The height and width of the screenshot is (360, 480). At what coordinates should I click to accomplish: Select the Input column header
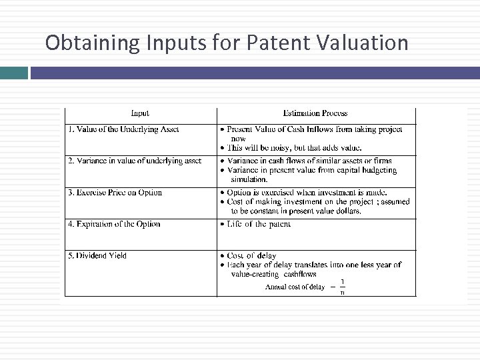point(140,113)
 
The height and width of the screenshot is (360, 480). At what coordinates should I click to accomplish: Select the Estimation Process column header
point(315,113)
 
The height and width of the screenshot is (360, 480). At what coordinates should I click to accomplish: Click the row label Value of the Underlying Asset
point(123,129)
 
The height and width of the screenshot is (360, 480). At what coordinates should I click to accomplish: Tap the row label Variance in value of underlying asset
point(134,161)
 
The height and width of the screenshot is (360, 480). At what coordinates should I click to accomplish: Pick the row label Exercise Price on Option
point(115,193)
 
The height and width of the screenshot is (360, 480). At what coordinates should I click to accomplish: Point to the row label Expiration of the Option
point(114,224)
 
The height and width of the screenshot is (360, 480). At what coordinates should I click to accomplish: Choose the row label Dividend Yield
point(97,255)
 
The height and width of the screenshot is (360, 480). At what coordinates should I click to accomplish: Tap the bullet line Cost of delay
point(251,255)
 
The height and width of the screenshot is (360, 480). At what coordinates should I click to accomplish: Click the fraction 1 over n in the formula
point(342,287)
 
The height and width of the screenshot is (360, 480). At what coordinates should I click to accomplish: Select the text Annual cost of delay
point(295,287)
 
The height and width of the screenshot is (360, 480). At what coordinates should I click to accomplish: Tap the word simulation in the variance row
point(249,179)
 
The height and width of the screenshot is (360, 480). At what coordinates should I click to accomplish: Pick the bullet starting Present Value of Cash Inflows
point(313,129)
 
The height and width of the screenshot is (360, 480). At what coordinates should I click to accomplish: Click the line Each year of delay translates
point(313,265)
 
